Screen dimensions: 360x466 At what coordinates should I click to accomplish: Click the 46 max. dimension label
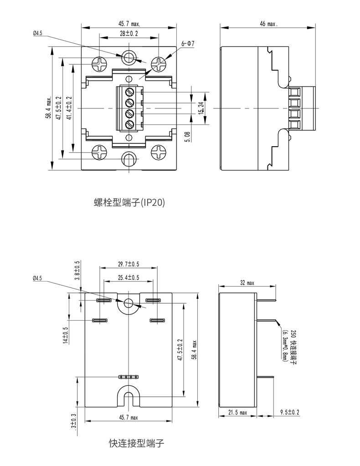(268, 24)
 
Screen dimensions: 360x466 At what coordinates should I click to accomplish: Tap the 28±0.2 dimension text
(129, 34)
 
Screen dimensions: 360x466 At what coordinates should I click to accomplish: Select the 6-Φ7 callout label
(188, 44)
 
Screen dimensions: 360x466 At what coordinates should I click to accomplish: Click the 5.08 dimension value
(188, 137)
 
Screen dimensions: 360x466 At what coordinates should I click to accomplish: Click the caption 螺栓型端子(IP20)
(129, 202)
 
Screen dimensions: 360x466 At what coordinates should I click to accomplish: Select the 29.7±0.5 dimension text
(129, 264)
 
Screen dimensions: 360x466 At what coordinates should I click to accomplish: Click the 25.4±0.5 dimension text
(128, 278)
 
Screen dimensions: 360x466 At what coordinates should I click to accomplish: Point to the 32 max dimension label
(247, 283)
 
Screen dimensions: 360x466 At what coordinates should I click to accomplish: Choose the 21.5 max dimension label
(237, 413)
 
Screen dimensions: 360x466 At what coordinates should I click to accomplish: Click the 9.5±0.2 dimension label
(290, 412)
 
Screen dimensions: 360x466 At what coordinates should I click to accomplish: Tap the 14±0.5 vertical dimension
(66, 336)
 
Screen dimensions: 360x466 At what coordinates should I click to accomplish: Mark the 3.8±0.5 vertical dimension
(77, 271)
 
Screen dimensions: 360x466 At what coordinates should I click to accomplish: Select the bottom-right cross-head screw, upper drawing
(158, 152)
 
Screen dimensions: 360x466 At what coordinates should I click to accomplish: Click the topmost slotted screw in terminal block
(129, 92)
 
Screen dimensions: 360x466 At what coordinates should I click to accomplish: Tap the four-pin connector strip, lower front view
(129, 377)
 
